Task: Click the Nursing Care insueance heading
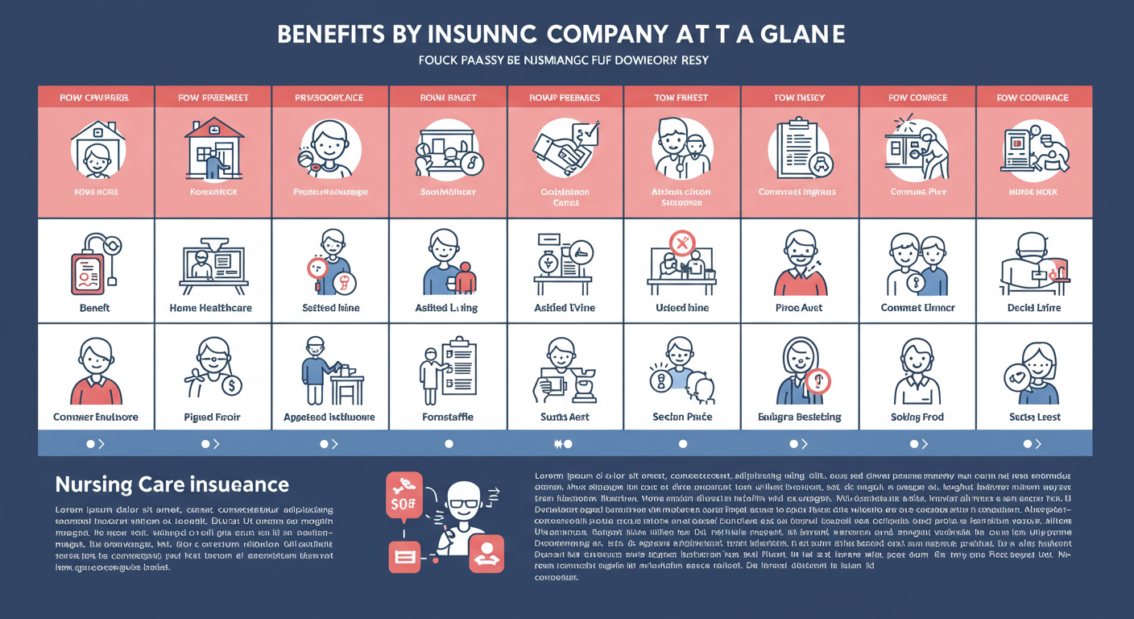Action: point(172,484)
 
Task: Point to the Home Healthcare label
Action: point(211,308)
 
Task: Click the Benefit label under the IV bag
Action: point(94,308)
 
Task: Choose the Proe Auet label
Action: point(800,308)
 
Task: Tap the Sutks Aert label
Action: point(565,417)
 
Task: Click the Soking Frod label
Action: point(917,417)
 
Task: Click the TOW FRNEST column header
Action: point(681,98)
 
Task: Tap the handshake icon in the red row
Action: point(563,148)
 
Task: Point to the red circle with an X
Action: point(682,242)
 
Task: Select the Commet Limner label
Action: point(917,308)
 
